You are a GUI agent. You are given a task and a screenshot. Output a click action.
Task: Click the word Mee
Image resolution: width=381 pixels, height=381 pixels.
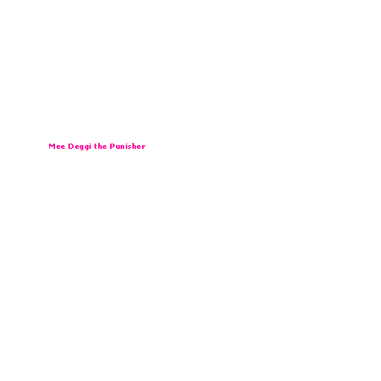pos(57,147)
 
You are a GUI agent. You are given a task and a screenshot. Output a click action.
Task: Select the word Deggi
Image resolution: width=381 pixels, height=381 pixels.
pos(80,147)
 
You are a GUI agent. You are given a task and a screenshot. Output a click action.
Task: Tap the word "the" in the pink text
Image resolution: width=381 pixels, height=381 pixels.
pos(100,147)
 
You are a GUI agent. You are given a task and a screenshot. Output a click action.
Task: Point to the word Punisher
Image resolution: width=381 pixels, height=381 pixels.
pos(127,147)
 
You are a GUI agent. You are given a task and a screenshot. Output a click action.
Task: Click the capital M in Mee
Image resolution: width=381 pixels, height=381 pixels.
pos(51,147)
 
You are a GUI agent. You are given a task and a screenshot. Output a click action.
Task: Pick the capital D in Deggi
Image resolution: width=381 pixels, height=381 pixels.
pos(71,147)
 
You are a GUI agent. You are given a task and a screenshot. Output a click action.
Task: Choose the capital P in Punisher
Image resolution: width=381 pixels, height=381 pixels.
pos(112,147)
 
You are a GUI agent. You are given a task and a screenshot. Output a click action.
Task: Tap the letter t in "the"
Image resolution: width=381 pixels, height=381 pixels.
pos(95,147)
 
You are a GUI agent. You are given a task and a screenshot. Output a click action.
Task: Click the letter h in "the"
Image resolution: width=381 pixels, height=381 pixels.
pos(100,147)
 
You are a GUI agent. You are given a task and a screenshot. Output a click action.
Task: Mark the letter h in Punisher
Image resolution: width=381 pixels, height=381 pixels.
pos(134,147)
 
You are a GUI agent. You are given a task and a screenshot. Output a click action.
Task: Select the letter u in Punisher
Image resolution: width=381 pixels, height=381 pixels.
pos(118,147)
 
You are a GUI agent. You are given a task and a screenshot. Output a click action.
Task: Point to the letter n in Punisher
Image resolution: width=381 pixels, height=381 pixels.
pos(123,147)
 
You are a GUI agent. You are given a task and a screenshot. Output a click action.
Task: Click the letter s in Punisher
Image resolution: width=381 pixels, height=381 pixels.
pos(129,147)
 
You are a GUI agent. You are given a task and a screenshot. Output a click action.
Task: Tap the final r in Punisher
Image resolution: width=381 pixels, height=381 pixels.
pos(144,147)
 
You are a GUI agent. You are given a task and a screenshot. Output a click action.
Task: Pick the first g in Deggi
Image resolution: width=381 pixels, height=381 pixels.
pos(81,147)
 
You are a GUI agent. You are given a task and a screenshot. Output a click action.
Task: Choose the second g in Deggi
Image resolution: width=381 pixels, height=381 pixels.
pos(86,147)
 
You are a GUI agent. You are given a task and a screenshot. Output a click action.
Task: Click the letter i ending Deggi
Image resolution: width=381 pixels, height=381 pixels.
pos(90,147)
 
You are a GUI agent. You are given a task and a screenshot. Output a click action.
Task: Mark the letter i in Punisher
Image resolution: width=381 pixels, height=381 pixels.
pos(127,147)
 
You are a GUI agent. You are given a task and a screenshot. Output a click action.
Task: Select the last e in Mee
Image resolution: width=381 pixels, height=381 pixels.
pos(63,147)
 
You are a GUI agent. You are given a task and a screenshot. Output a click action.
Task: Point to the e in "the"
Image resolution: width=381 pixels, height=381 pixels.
pos(105,147)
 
